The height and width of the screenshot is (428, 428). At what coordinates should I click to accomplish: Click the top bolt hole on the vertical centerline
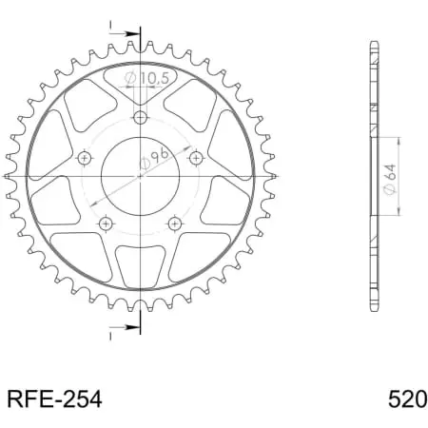pyautogui.click(x=141, y=118)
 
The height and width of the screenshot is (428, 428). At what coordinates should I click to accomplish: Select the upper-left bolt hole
pyautogui.click(x=85, y=157)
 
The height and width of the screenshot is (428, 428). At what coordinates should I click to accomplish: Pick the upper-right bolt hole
pyautogui.click(x=196, y=157)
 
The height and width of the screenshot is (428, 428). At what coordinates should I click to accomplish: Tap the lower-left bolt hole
pyautogui.click(x=107, y=224)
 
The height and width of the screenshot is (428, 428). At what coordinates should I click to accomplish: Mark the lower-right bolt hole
pyautogui.click(x=174, y=224)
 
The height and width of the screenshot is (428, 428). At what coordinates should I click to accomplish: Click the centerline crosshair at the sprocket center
pyautogui.click(x=141, y=176)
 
